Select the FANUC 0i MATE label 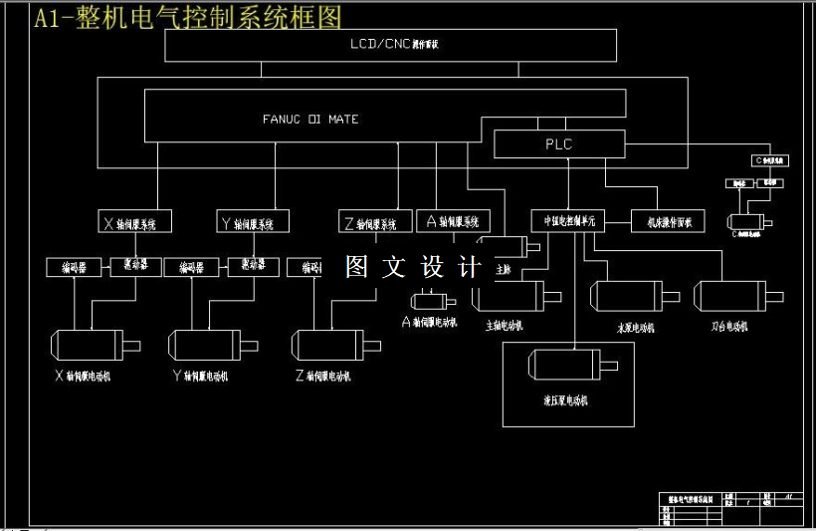pos(310,120)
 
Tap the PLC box pos(559,144)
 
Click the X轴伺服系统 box pos(136,222)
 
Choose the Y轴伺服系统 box pos(253,222)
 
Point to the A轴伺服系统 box pos(453,221)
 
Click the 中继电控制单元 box pos(568,221)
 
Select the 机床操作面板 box pos(669,221)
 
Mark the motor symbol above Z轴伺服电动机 pos(328,345)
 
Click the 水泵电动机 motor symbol pos(630,296)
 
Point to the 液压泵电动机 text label pos(564,400)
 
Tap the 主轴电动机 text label pos(505,326)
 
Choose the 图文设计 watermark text pos(413,267)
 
